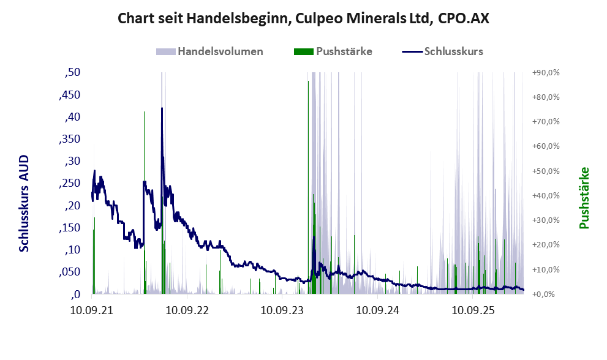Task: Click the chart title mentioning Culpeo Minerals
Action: [x=303, y=18]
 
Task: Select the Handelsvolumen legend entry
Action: [x=209, y=51]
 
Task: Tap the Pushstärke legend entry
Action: [x=333, y=51]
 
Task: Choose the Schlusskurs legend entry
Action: [x=442, y=51]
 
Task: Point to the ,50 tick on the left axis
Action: [x=72, y=72]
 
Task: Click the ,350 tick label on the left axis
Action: [x=70, y=139]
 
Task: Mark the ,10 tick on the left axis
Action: [x=72, y=250]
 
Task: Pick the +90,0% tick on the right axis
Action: [x=546, y=73]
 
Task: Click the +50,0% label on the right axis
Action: [x=546, y=171]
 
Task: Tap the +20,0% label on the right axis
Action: [x=546, y=245]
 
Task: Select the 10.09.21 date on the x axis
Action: [x=92, y=310]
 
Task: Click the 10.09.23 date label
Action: [x=282, y=310]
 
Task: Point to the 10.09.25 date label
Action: [x=473, y=310]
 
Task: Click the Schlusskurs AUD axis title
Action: [x=24, y=204]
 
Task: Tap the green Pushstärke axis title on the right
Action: [x=584, y=198]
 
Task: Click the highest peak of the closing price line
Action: [x=162, y=108]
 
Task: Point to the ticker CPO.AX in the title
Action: [x=464, y=18]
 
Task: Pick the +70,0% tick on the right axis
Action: [x=546, y=122]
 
